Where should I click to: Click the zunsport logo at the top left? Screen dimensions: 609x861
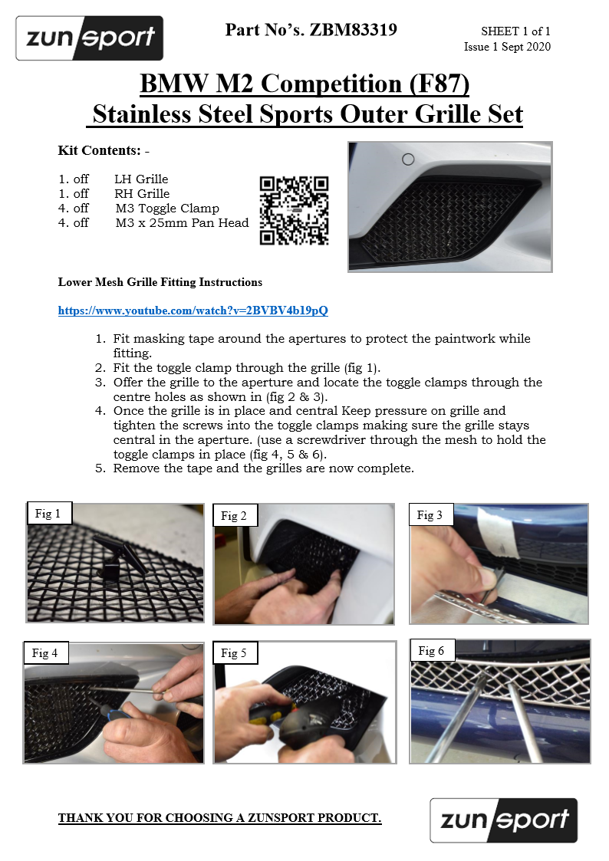pos(90,38)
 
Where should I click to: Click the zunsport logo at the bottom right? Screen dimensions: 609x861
pos(504,820)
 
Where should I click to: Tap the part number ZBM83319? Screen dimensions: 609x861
pos(353,30)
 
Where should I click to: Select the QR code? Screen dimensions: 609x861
pos(294,210)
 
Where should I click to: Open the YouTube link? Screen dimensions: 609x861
pos(193,311)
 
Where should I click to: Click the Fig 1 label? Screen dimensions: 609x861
pos(48,514)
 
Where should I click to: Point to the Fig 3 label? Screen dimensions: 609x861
pos(430,515)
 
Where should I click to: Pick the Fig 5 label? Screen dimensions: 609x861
pos(234,653)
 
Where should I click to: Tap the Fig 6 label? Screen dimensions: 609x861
pos(431,651)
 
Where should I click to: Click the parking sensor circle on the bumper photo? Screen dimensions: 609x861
pos(408,159)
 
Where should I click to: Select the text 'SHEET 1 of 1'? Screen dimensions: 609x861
pos(515,31)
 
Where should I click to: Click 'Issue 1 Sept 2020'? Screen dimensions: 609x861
pos(507,47)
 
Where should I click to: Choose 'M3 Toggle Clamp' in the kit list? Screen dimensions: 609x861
pos(167,208)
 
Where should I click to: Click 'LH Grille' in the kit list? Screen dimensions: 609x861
pos(141,179)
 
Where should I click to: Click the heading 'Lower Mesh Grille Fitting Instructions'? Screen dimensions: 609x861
pos(160,282)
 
